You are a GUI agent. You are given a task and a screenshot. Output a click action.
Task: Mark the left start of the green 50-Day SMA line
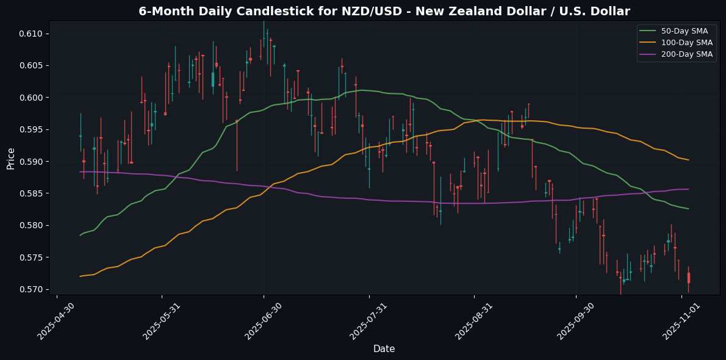(80, 235)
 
